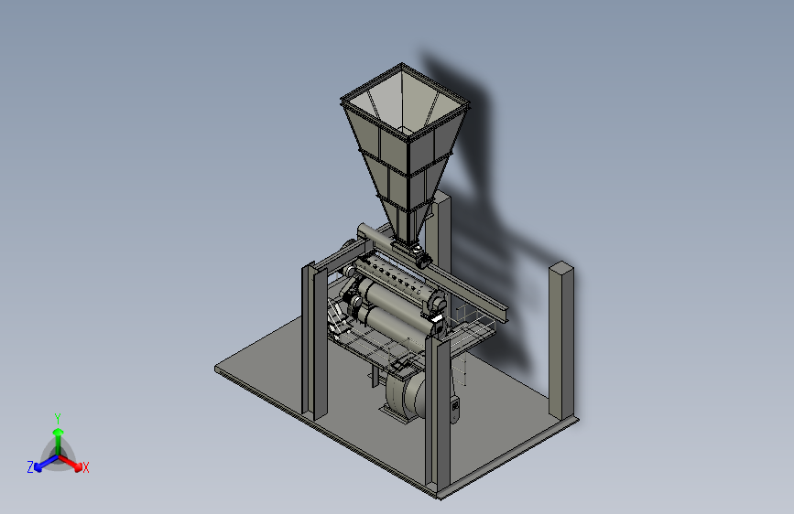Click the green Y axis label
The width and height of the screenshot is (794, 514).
pos(58,418)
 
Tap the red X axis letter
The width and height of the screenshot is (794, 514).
pos(85,467)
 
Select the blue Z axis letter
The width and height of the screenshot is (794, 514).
pos(30,467)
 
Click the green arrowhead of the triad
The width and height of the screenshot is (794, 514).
pos(59,432)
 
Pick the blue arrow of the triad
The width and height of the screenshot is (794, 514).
pos(46,463)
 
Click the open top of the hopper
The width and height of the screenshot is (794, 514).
pos(405,102)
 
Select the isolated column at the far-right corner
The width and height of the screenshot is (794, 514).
pos(561,340)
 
